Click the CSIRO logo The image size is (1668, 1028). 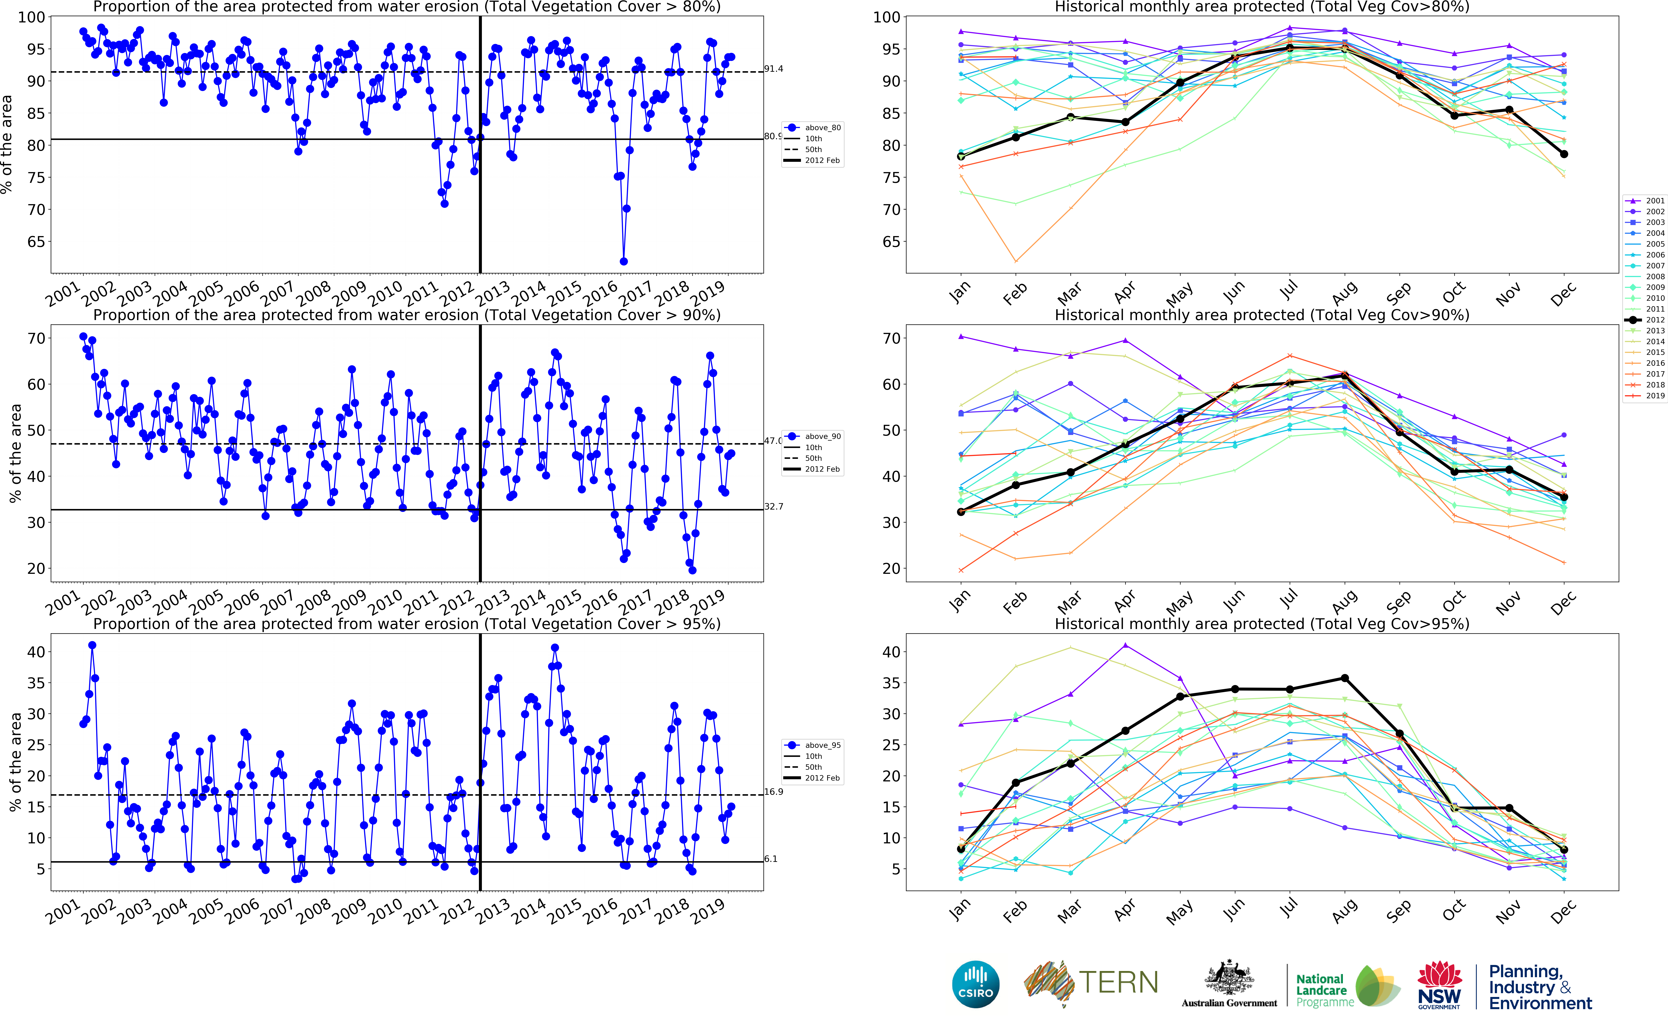[976, 984]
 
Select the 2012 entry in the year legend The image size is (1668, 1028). [1655, 320]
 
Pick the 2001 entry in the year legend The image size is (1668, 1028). [1655, 201]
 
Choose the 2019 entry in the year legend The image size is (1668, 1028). [1655, 396]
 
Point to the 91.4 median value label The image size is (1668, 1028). [773, 69]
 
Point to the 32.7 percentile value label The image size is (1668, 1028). [773, 507]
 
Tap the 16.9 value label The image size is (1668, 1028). [773, 791]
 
